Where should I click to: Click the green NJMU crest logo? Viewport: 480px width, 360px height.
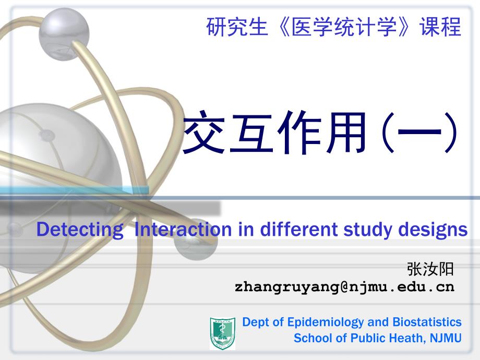tap(223, 333)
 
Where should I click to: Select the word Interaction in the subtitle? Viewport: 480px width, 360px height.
tap(183, 229)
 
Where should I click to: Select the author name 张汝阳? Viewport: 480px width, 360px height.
tap(430, 269)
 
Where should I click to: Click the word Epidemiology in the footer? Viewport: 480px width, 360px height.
tap(326, 322)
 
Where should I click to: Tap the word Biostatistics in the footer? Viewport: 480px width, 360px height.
tap(427, 322)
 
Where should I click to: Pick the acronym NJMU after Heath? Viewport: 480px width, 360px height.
tap(446, 338)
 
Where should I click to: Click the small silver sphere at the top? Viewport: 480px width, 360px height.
tap(64, 34)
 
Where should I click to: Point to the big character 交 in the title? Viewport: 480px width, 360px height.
tap(204, 132)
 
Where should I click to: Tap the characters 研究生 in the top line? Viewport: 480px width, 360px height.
tap(237, 27)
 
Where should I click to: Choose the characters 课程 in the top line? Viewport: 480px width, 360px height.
tap(440, 27)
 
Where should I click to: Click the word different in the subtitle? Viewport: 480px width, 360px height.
tap(298, 229)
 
